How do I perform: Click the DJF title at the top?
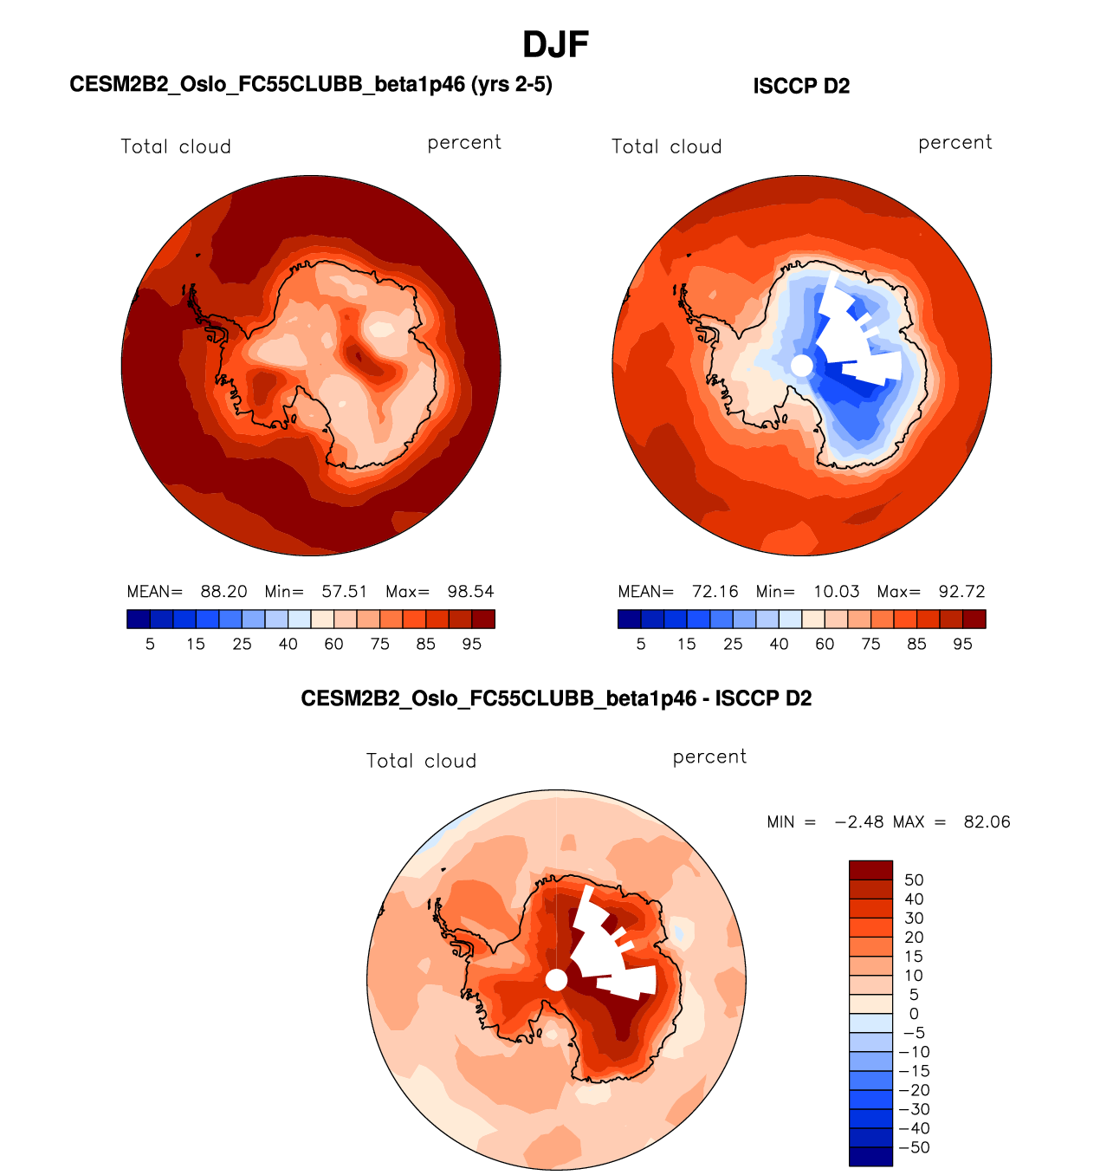[556, 44]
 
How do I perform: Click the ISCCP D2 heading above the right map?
[801, 86]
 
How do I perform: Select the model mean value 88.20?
[223, 592]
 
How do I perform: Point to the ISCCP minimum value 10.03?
[836, 592]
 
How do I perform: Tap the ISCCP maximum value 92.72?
[961, 592]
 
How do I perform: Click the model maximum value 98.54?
[470, 592]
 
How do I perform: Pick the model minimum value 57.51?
[345, 592]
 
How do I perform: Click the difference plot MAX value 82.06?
[987, 822]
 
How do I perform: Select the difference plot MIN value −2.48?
[858, 822]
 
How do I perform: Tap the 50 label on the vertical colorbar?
[914, 880]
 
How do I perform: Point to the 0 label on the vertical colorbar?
[914, 1014]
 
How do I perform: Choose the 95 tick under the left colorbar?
[471, 644]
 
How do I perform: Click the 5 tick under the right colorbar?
[641, 644]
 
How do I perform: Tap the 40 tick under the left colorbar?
[288, 644]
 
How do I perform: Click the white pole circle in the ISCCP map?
[802, 366]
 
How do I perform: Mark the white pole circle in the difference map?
[557, 980]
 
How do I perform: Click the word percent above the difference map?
[709, 756]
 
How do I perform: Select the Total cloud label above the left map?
[176, 146]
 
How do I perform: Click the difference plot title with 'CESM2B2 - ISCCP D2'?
[556, 698]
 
